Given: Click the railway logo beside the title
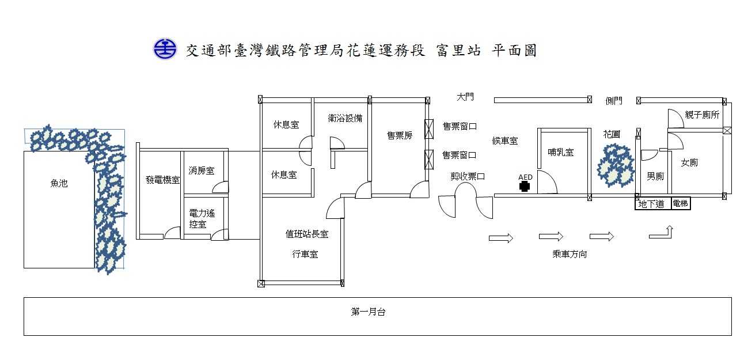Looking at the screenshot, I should click(x=165, y=49).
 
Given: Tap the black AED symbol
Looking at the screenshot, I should click(x=524, y=185).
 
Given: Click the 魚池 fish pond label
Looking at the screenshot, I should click(x=59, y=184).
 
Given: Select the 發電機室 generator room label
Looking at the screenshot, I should click(x=162, y=180).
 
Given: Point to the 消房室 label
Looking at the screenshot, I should click(x=201, y=170).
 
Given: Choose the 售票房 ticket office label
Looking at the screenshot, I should click(x=399, y=136).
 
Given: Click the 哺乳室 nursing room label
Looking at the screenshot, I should click(x=560, y=153).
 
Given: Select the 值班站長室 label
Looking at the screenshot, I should click(x=307, y=234).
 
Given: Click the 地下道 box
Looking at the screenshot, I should click(x=653, y=204).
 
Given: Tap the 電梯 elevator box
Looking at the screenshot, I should click(x=681, y=204).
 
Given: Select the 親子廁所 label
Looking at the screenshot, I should click(x=702, y=115).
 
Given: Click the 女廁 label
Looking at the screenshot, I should click(x=689, y=163).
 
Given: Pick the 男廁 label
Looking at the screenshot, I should click(x=655, y=176).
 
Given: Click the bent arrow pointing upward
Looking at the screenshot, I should click(x=662, y=232).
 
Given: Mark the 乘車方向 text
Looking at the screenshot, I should click(x=570, y=253).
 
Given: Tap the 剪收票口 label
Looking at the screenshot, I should click(x=467, y=177).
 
